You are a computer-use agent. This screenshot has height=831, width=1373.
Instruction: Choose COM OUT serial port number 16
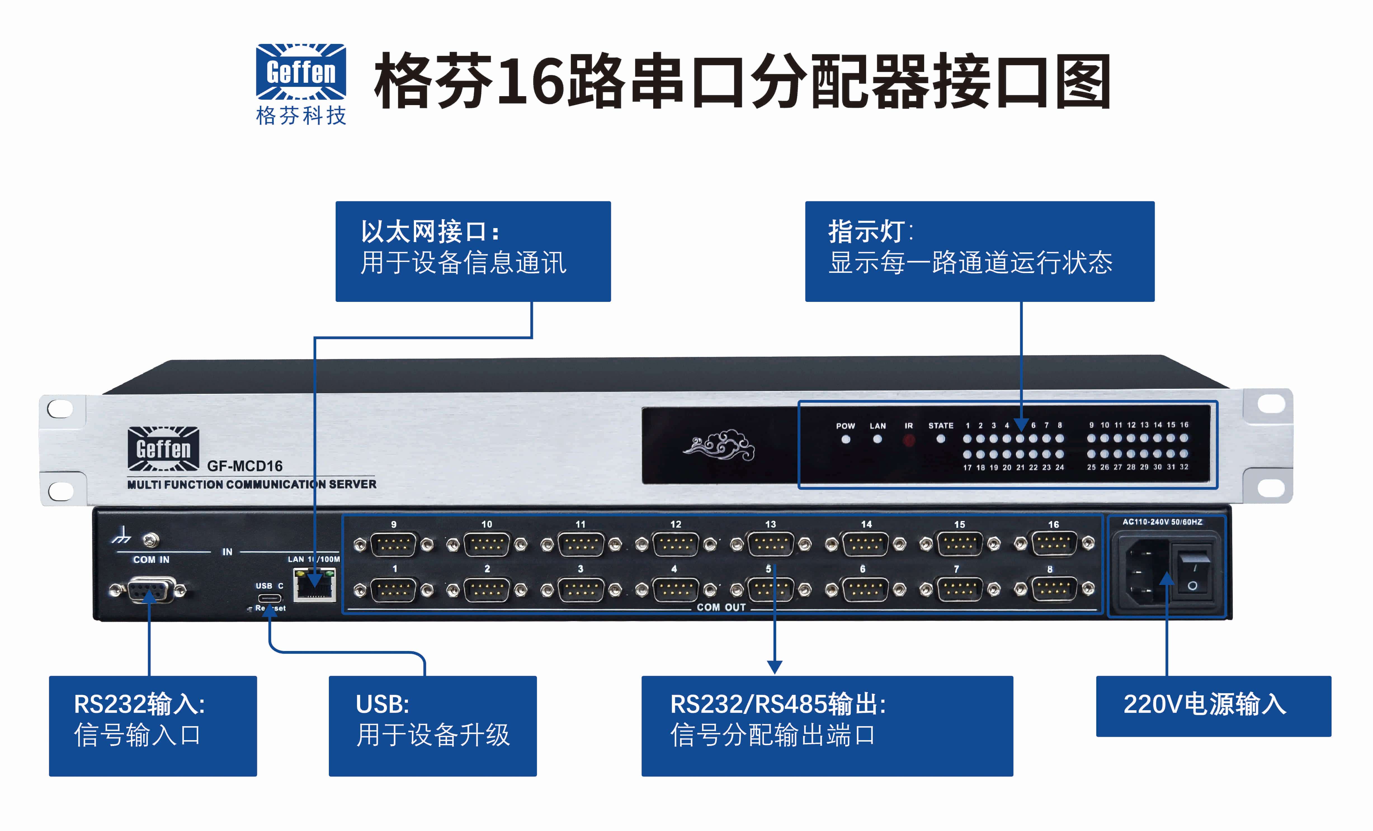pyautogui.click(x=1054, y=544)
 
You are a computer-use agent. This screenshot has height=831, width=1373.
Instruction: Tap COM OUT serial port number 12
pyautogui.click(x=675, y=544)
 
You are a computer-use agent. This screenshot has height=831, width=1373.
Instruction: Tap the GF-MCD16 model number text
pyautogui.click(x=245, y=466)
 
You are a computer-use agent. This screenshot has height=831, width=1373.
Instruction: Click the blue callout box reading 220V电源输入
pyautogui.click(x=1213, y=706)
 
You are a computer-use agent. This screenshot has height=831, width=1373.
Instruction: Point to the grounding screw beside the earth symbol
pyautogui.click(x=150, y=539)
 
